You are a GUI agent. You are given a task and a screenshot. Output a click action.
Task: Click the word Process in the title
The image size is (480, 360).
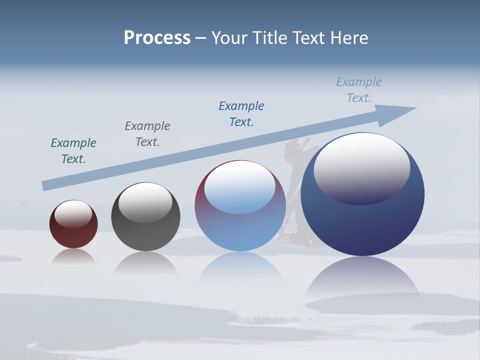(x=157, y=38)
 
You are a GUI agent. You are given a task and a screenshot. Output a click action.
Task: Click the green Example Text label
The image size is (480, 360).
(x=73, y=151)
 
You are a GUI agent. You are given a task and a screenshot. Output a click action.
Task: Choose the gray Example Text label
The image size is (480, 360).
(x=147, y=134)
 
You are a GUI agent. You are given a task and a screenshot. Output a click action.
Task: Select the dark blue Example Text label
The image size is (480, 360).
(x=241, y=114)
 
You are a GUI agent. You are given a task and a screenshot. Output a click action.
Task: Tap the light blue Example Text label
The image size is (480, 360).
(x=358, y=90)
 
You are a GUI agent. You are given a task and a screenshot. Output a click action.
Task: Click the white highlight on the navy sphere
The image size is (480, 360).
(x=361, y=167)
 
